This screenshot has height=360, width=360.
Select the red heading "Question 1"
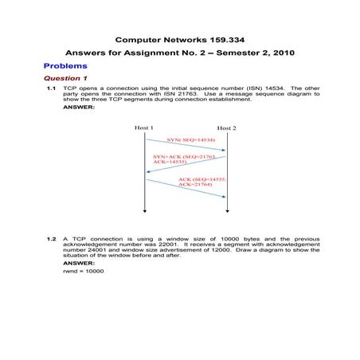[x=65, y=79]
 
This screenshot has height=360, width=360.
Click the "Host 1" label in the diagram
[x=144, y=127]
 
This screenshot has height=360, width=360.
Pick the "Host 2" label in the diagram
[x=227, y=127]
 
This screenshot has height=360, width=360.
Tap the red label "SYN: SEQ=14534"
[x=190, y=139]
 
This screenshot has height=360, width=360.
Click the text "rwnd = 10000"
[x=83, y=270]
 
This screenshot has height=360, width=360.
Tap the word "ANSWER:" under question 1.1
[x=79, y=107]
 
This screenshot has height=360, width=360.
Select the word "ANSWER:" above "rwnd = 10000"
[x=79, y=262]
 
